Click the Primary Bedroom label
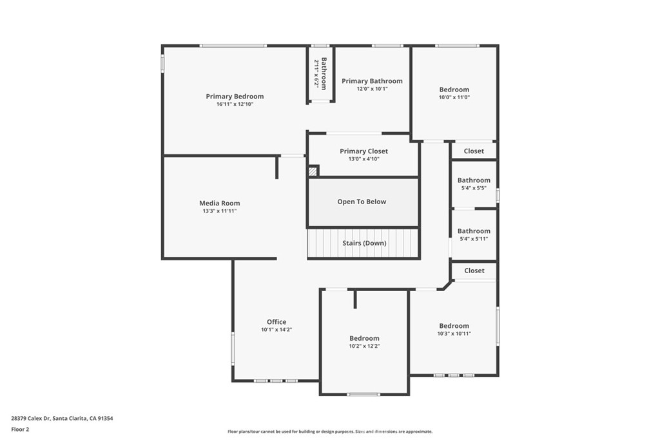235,97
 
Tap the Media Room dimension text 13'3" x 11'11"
220,211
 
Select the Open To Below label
362,202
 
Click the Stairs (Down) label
365,243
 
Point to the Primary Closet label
364,151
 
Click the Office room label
277,322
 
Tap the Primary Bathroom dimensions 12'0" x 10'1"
372,89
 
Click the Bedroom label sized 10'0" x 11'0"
454,90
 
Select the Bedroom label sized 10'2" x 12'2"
365,338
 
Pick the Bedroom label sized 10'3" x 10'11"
454,326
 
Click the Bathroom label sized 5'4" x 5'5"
474,180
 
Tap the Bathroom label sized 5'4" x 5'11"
474,231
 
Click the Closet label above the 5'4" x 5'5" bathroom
474,151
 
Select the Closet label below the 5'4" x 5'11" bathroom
474,271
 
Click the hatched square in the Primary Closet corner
313,171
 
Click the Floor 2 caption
20,430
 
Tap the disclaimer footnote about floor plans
330,432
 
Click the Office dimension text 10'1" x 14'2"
277,330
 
